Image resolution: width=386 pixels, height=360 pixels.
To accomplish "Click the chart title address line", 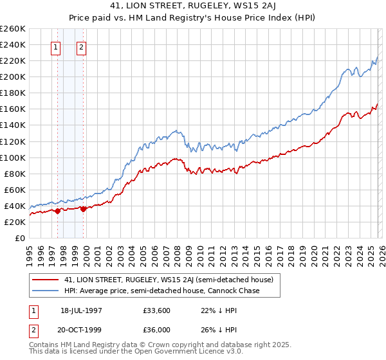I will (x=192, y=6).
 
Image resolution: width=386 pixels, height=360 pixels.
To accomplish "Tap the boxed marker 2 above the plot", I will (x=82, y=46).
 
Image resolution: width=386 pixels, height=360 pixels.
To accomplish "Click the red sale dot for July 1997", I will (x=58, y=210).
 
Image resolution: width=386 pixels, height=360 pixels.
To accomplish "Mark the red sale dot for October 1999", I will (x=84, y=208).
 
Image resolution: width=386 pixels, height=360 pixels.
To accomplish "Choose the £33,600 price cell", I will (x=157, y=310).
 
